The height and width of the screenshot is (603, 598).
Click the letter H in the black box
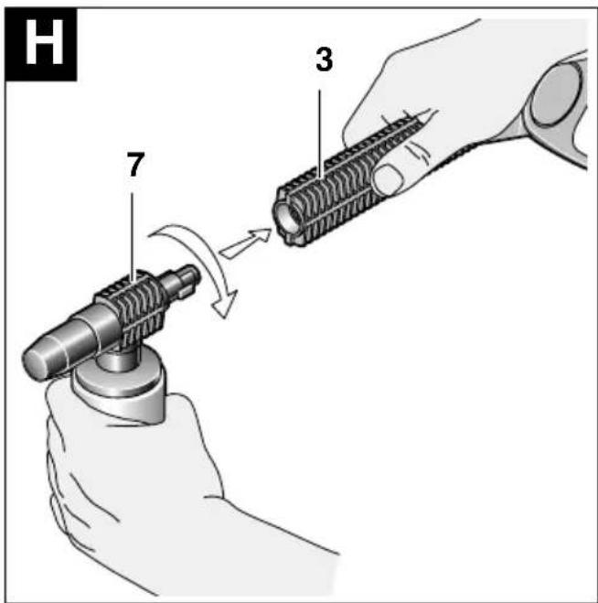[x=44, y=43]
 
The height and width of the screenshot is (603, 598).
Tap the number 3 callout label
[x=324, y=60]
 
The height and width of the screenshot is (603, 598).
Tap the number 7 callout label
[x=135, y=165]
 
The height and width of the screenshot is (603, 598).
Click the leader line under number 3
[x=320, y=135]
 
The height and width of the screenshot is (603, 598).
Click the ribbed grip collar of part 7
[x=131, y=307]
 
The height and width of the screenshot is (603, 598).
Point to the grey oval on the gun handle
[x=556, y=95]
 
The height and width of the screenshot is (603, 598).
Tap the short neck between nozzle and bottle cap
[x=117, y=357]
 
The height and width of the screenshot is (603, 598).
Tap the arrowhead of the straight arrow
[x=261, y=234]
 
